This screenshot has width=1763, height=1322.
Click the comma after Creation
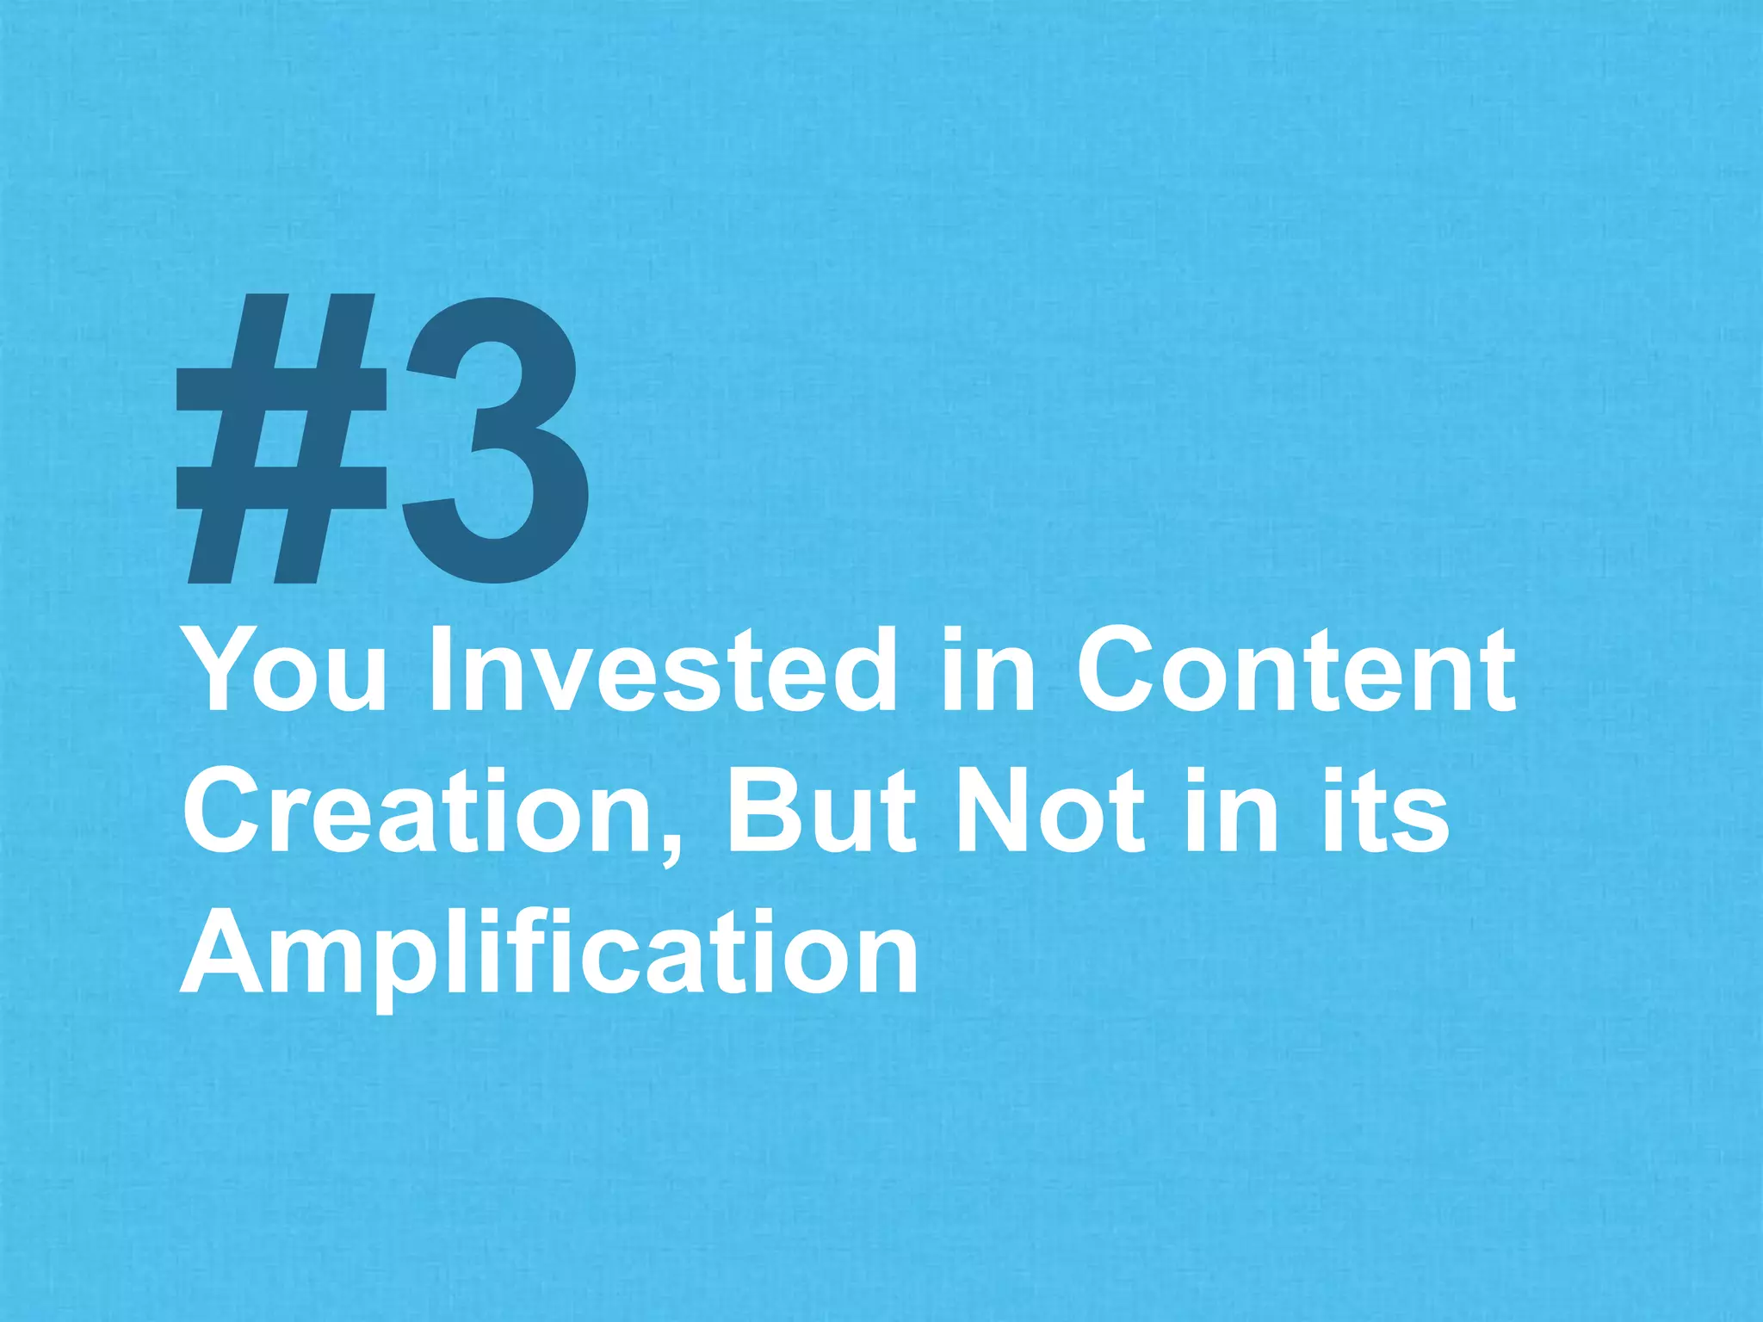click(672, 848)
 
